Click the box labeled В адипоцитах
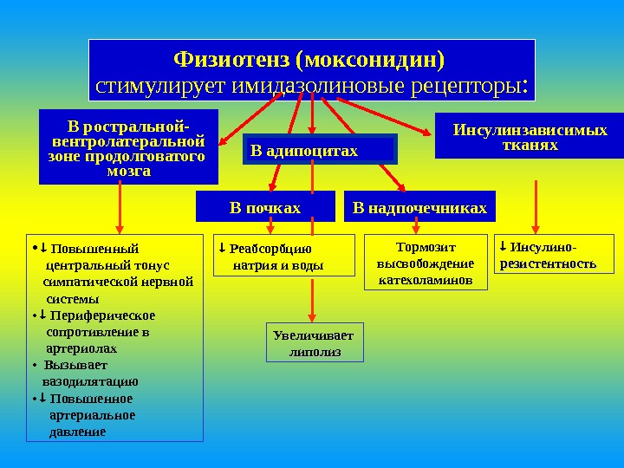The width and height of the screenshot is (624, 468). (x=320, y=150)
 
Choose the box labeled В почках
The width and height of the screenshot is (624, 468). (x=264, y=207)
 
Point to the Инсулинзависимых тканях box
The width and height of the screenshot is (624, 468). (x=530, y=137)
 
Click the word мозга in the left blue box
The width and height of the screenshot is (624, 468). (x=128, y=171)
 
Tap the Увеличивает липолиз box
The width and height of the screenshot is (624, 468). (x=313, y=343)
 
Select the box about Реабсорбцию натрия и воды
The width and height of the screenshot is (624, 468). (x=283, y=256)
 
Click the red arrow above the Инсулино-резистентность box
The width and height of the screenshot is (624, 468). (x=537, y=206)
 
